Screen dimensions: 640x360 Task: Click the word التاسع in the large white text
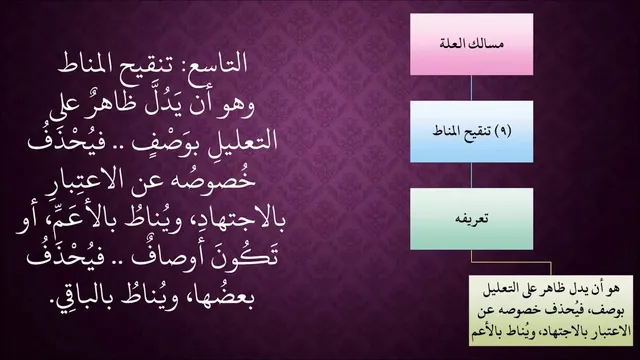(216, 63)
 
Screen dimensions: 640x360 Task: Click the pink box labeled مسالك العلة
(471, 44)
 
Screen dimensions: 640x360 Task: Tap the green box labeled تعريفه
(471, 219)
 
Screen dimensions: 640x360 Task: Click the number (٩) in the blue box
(503, 131)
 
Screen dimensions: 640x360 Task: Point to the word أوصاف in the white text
(161, 256)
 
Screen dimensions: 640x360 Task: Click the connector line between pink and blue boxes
(471, 88)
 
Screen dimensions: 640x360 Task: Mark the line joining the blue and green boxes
(471, 175)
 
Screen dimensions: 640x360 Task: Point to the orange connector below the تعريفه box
(511, 262)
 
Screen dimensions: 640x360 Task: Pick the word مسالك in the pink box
(487, 44)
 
